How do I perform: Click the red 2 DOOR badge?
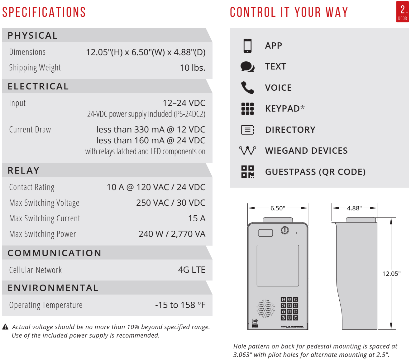pos(402,12)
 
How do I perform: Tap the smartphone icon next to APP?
pos(248,46)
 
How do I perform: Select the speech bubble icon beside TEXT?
pos(247,67)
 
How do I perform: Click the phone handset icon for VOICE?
pos(247,88)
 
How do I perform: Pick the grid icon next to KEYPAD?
pos(247,109)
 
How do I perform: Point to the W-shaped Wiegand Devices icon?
pos(247,151)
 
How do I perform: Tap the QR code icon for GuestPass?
pos(247,172)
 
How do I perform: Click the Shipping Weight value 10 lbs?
pos(192,68)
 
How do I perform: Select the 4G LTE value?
pos(191,270)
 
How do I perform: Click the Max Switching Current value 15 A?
pos(197,218)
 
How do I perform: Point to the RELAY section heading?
pos(24,170)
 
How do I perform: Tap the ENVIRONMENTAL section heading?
pos(53,288)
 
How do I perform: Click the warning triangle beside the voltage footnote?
pos(5,327)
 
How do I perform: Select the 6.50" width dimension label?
pos(278,208)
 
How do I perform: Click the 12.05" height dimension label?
pos(391,274)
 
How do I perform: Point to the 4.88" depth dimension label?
pos(354,208)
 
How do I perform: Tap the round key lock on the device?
pos(285,230)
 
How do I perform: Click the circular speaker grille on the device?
pos(265,309)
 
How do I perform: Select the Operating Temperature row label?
pos(46,305)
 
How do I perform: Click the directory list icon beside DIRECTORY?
pos(247,130)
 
